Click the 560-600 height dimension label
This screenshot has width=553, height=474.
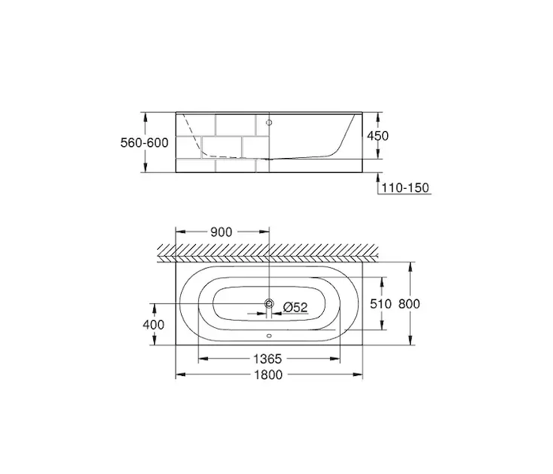click(x=145, y=143)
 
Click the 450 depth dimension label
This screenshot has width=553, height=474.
click(x=378, y=136)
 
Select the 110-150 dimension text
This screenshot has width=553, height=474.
click(x=405, y=188)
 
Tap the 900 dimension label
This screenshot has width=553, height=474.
click(x=221, y=232)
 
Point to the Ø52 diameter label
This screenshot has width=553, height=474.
click(x=295, y=307)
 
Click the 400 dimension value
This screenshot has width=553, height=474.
click(x=153, y=325)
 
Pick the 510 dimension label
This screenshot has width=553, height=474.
click(x=381, y=303)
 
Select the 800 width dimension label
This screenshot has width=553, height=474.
click(x=409, y=303)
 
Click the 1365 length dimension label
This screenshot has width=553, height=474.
click(x=268, y=359)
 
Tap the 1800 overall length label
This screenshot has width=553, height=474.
click(x=269, y=374)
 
